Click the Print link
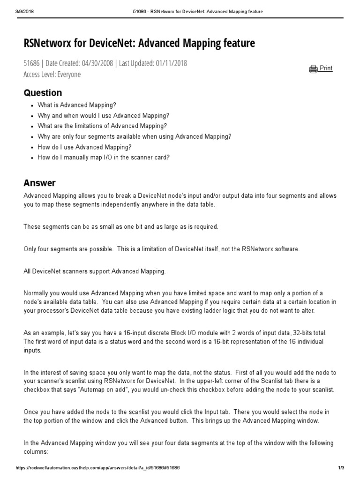326,68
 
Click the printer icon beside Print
313,69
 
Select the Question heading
43,93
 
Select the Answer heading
39,183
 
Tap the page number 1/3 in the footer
341,468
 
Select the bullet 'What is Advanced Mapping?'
77,105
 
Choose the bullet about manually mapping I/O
104,157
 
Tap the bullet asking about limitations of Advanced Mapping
102,126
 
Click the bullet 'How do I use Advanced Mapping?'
84,147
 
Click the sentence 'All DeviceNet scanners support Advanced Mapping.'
95,271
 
